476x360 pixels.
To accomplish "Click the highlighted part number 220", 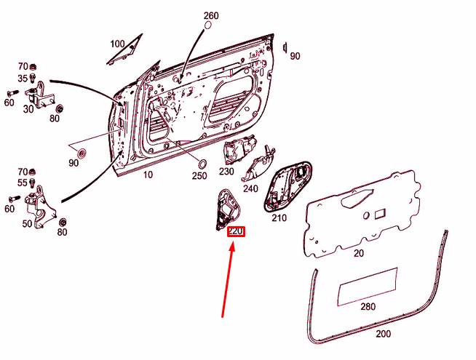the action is [x=236, y=232].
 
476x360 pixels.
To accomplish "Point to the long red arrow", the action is [x=228, y=279].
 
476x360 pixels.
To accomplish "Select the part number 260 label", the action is [x=211, y=15].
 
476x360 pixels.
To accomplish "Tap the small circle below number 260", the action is [x=208, y=25].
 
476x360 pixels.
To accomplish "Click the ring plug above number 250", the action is [x=202, y=164].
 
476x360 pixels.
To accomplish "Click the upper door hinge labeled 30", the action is [x=40, y=95].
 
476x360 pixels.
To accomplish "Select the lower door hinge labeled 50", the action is [x=39, y=208].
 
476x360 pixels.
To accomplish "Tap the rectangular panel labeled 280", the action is [x=368, y=287].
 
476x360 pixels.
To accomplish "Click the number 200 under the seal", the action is [x=384, y=334].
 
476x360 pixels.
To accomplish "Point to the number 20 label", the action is [x=359, y=253].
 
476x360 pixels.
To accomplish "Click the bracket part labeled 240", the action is [x=258, y=165].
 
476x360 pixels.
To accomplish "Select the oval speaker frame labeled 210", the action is [x=287, y=185].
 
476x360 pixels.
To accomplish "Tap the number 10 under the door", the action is [x=148, y=175].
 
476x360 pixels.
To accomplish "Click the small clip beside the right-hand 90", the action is [x=285, y=48].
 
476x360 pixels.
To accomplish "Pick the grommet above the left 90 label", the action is [x=82, y=153].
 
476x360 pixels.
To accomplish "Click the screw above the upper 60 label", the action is [x=12, y=93].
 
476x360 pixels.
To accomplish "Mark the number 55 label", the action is [x=23, y=183].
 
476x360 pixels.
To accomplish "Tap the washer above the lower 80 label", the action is [x=63, y=222].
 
